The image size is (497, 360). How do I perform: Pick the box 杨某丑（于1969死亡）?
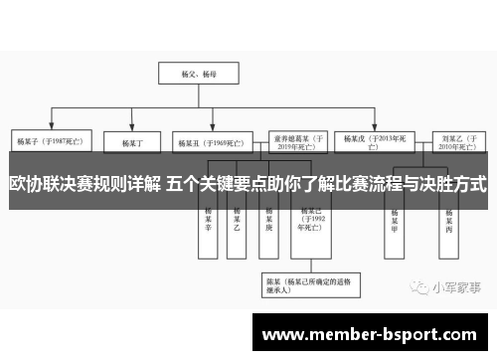pos(206,141)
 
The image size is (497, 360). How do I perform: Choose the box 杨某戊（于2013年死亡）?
pos(374,140)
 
